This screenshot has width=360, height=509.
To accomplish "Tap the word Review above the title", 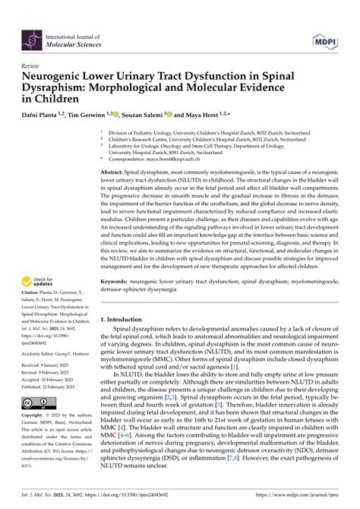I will click(x=32, y=66).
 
